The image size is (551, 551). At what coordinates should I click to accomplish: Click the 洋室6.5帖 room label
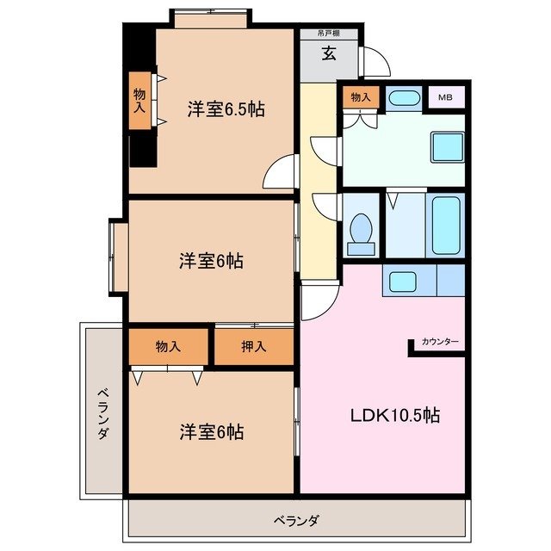226,109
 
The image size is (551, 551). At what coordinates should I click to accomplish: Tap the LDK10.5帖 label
394,415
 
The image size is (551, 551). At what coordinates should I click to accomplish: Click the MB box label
445,97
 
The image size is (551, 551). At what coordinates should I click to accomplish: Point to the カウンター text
440,343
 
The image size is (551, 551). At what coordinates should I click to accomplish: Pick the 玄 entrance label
329,55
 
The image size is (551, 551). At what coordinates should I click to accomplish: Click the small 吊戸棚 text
328,34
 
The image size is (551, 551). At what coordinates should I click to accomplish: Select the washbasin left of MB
403,97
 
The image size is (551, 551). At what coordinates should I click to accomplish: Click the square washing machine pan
446,149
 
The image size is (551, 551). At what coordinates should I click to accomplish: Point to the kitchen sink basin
401,281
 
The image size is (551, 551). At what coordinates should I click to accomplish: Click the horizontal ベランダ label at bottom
297,520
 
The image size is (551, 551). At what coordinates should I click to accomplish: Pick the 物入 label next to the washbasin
362,97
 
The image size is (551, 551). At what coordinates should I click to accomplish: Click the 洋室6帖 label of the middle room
211,261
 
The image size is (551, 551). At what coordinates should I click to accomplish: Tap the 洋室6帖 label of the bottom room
211,431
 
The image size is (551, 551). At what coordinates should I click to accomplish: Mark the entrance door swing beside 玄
375,63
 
